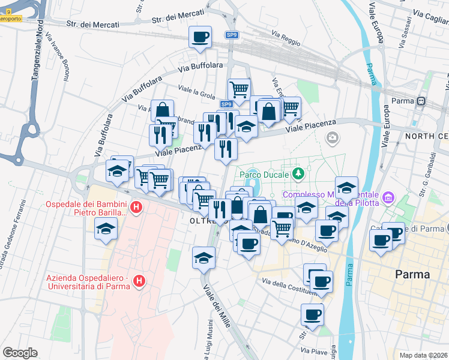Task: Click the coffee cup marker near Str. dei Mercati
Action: [200, 37]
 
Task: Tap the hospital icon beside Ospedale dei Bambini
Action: [136, 208]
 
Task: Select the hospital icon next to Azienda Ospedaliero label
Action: [139, 280]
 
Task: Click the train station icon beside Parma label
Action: [421, 101]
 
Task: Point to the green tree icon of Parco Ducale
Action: [298, 174]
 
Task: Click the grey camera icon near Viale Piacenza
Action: [332, 139]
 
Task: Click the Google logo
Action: [20, 353]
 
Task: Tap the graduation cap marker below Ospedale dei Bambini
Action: [106, 229]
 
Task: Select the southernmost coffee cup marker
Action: [312, 314]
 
